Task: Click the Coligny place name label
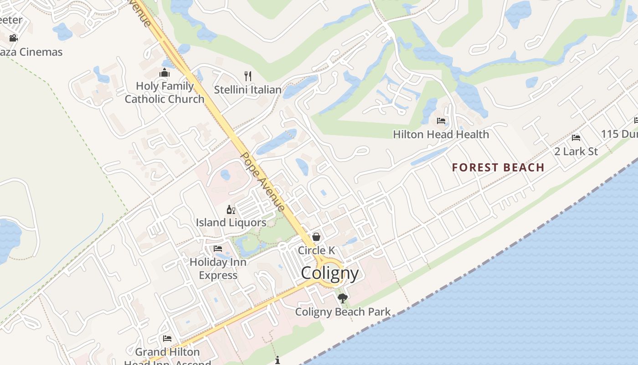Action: (329, 273)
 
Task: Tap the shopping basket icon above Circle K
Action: (316, 237)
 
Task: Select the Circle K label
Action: (316, 250)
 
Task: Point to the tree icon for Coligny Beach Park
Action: (342, 298)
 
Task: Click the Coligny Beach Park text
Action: (343, 312)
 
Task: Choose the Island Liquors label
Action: (231, 223)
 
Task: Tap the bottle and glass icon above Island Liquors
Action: (231, 210)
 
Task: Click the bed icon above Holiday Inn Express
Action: (218, 249)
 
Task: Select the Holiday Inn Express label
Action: (218, 269)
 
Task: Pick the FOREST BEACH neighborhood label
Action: (498, 167)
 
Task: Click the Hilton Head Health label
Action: (441, 135)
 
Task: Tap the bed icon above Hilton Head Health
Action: (441, 121)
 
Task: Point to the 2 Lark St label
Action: (576, 151)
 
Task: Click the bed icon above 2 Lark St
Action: (576, 138)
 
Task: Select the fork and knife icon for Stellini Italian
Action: (248, 76)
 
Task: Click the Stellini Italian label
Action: (247, 90)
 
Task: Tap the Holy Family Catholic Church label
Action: (165, 93)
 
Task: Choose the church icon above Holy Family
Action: (165, 73)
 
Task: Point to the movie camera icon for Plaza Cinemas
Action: (14, 38)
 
